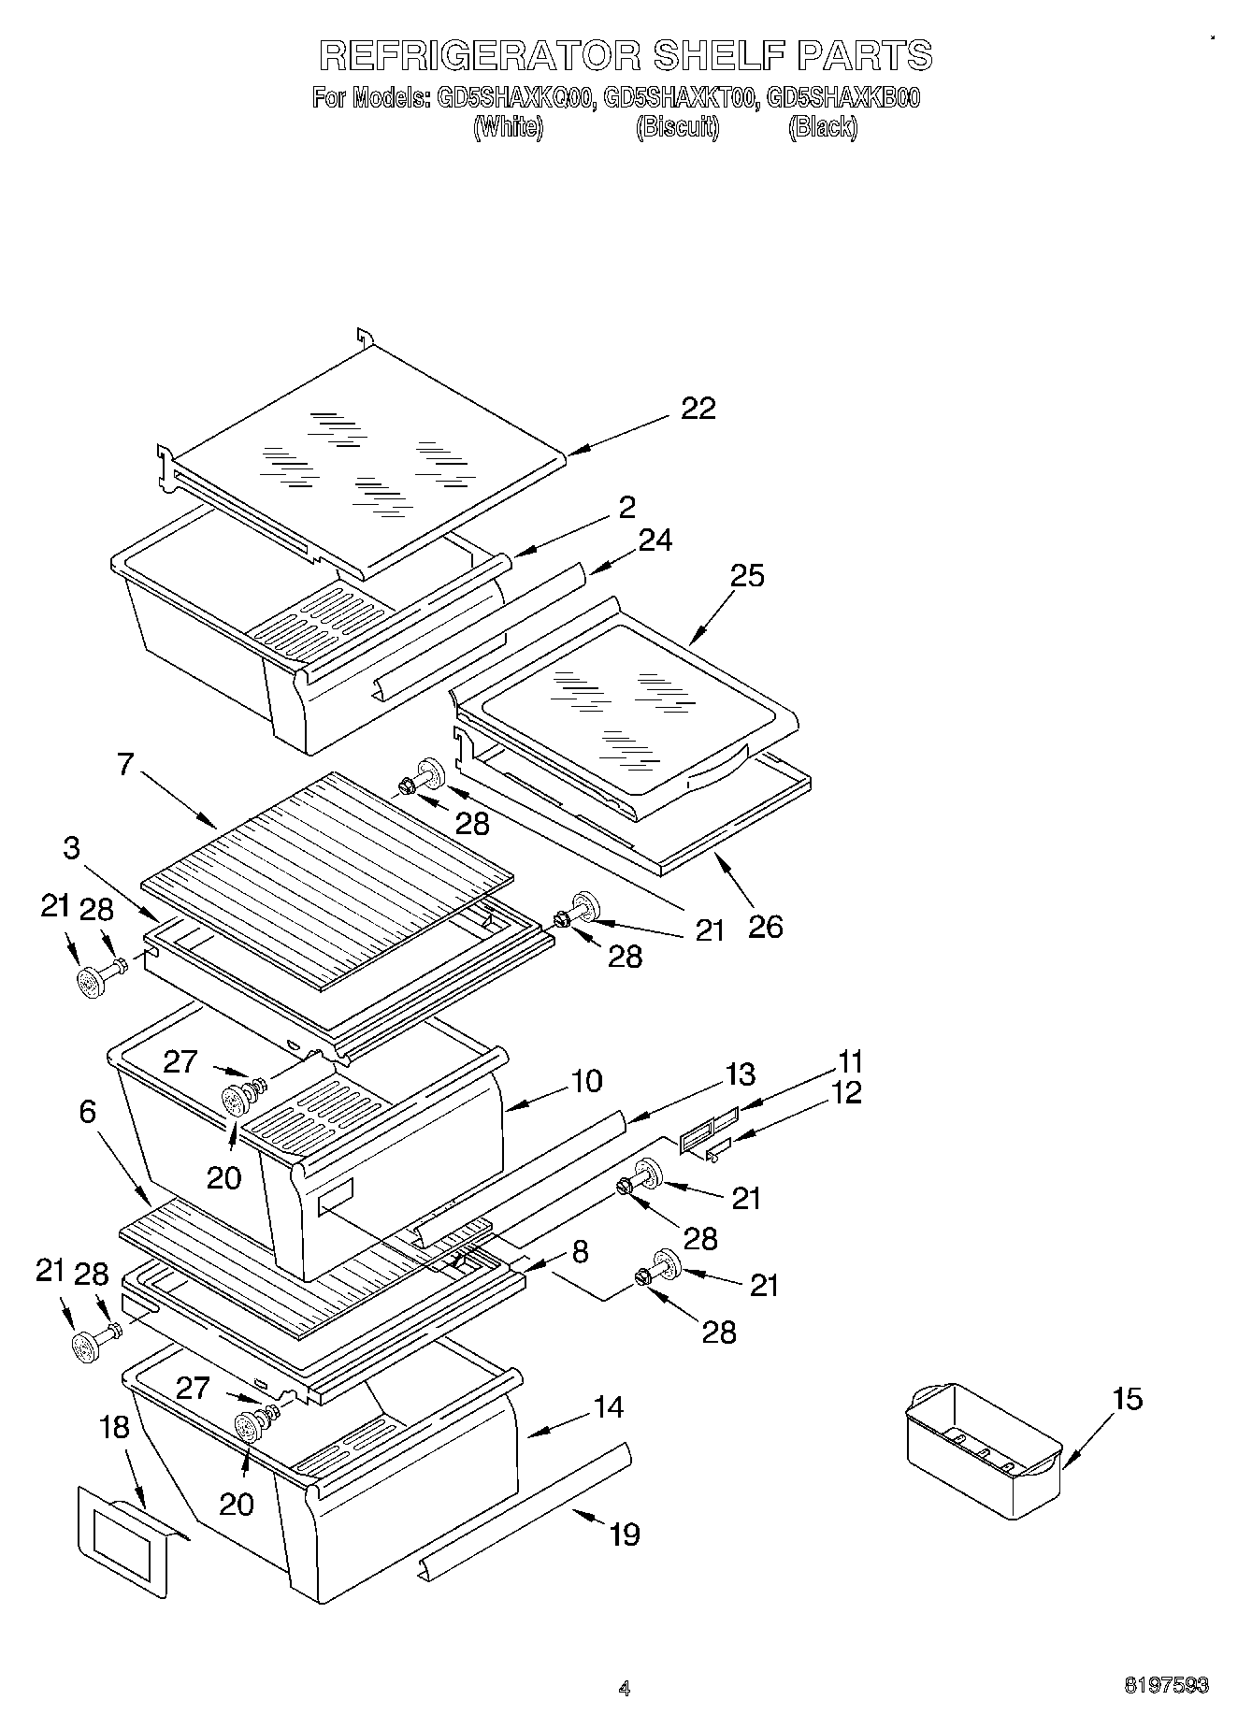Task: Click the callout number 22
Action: point(698,409)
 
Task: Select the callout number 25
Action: point(747,575)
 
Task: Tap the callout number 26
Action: point(765,926)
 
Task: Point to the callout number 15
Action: point(1127,1399)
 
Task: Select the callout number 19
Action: point(624,1534)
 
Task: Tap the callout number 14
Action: point(609,1406)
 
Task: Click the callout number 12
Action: point(845,1091)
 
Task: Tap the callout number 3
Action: point(71,847)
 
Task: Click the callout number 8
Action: point(580,1251)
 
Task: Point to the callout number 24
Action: point(655,540)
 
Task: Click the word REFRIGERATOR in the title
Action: point(480,55)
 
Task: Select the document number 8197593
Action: point(1166,1686)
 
